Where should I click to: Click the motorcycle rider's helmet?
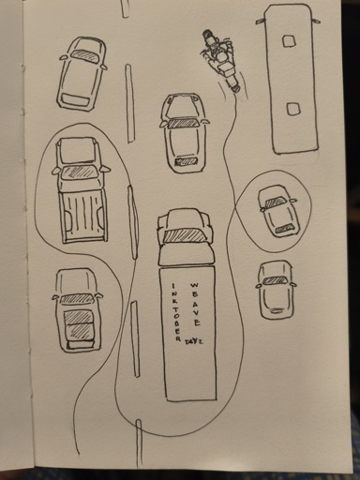point(222,56)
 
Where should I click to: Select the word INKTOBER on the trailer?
point(176,312)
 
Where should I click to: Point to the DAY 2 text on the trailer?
point(193,341)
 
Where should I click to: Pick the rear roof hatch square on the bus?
point(293,109)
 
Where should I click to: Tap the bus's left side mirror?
point(261,21)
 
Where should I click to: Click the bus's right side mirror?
point(316,21)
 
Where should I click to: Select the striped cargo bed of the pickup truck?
point(84,214)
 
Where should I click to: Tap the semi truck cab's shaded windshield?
point(185,235)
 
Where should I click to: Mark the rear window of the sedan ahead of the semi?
point(186,161)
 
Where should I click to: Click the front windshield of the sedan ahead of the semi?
point(184,124)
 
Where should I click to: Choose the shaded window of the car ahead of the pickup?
point(83,55)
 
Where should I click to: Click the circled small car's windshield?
point(276,202)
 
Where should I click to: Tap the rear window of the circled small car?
point(284,229)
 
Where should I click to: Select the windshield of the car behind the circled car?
point(275,280)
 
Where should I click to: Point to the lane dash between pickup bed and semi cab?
point(133,222)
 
